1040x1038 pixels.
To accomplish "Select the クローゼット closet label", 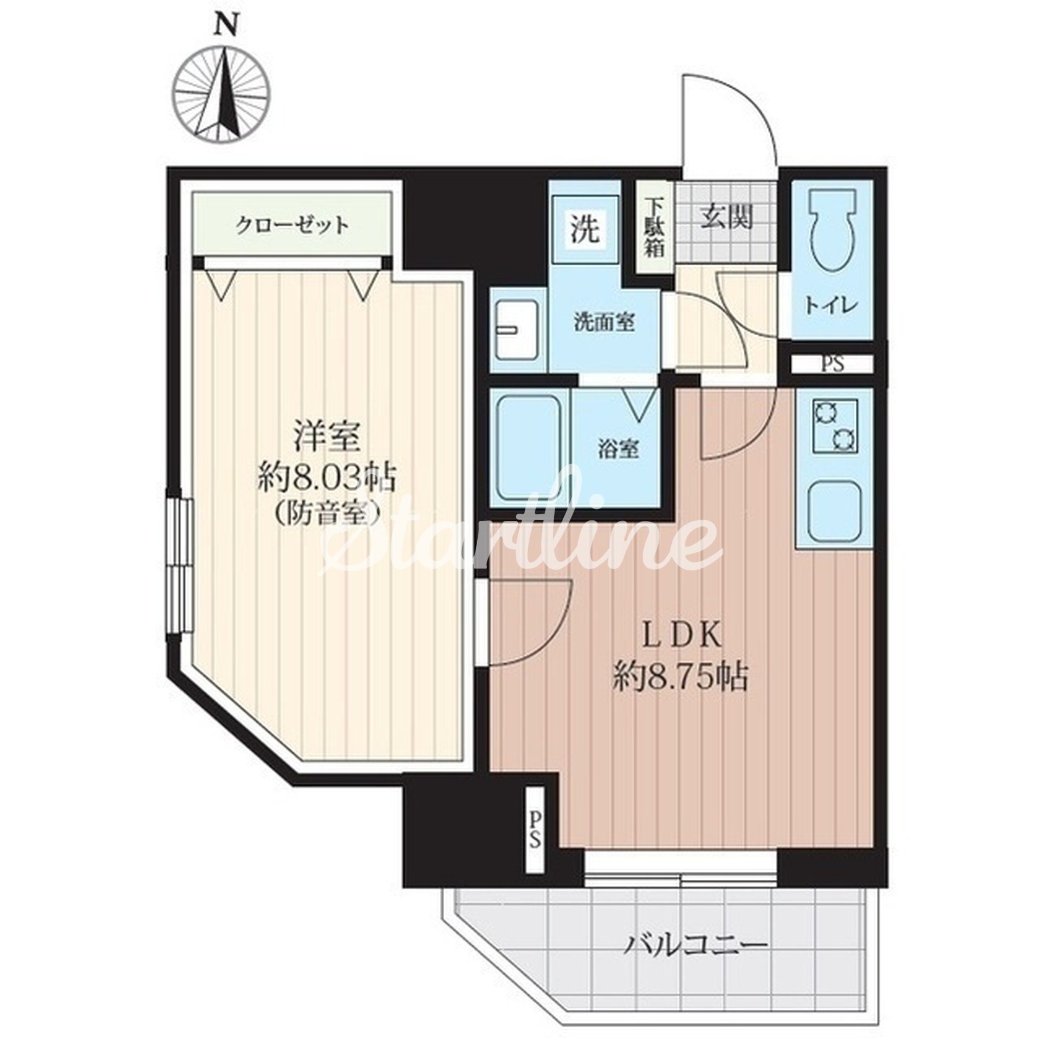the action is point(292,225).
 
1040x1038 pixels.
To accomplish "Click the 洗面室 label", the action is point(604,323).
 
